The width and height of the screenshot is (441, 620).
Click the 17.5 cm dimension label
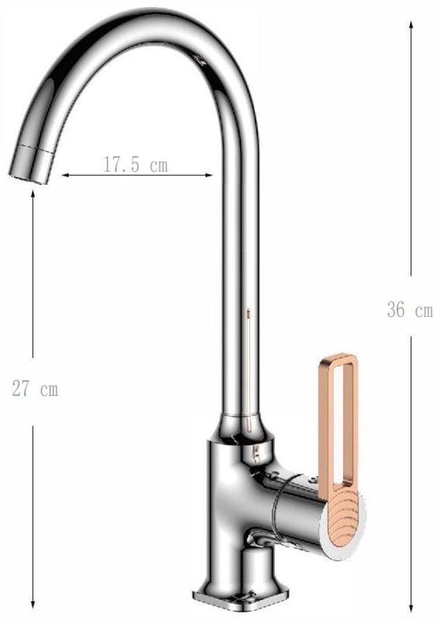click(135, 164)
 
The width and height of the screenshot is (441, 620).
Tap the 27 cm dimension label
click(35, 389)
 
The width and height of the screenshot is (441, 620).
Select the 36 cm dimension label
click(410, 309)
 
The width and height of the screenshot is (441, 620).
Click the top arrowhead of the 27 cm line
click(33, 194)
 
